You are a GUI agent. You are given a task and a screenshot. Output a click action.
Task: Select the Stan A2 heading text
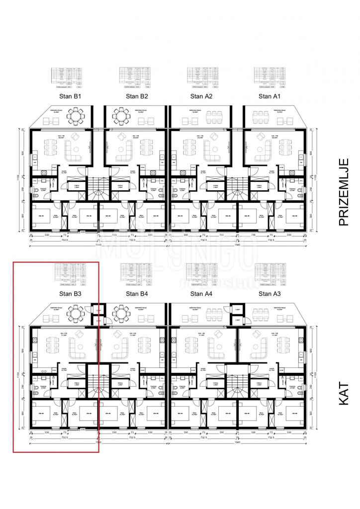(x=201, y=96)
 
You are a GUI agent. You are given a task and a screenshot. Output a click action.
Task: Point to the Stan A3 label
(x=270, y=294)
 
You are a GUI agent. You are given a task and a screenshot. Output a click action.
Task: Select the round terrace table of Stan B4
(x=122, y=314)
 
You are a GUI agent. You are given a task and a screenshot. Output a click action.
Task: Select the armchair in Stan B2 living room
(x=122, y=137)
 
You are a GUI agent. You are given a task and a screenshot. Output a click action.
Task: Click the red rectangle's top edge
(x=56, y=262)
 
